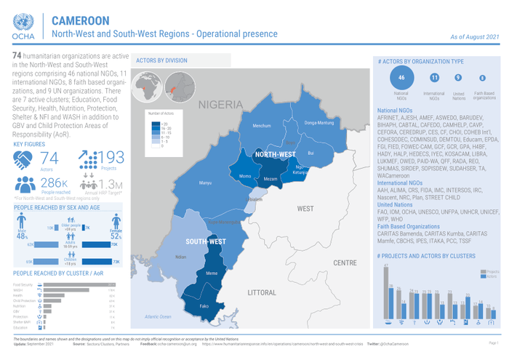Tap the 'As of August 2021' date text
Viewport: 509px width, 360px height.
coord(475,36)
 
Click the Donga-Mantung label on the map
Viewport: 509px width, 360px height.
coord(318,122)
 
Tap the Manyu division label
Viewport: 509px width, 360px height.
coord(205,183)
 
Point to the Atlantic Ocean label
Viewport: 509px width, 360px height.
coord(158,316)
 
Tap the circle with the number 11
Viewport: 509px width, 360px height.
coord(434,78)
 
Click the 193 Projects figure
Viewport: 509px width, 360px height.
coord(109,159)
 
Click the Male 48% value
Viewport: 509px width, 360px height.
coord(22,236)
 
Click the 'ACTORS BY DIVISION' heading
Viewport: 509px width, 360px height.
coord(163,62)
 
